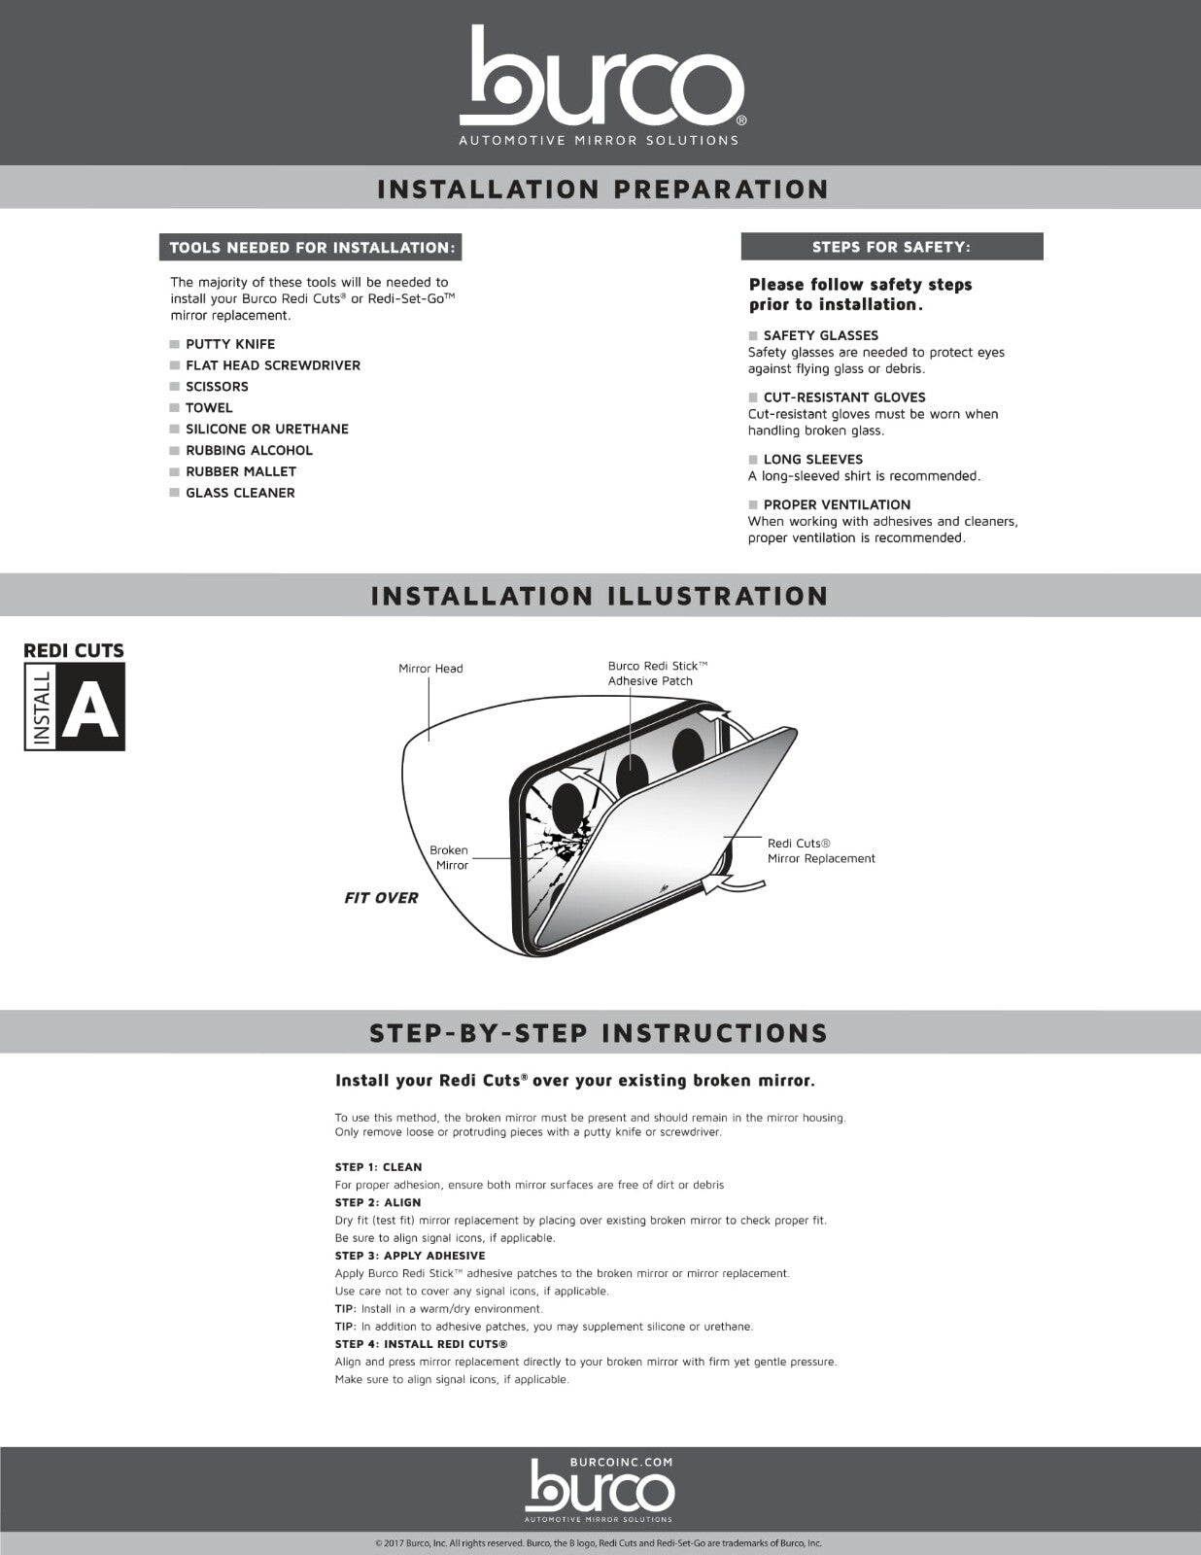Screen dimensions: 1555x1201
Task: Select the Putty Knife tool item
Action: point(230,344)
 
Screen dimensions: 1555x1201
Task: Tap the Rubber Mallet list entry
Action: point(241,471)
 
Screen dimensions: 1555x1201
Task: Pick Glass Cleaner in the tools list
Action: point(240,493)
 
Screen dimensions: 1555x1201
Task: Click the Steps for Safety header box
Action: point(891,247)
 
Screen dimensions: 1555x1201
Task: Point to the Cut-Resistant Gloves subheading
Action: point(843,397)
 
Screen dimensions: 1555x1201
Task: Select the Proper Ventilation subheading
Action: point(836,504)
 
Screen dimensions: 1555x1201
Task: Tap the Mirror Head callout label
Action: point(430,669)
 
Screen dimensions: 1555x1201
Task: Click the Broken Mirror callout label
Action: point(449,857)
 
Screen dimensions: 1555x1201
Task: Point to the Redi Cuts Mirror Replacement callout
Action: point(821,851)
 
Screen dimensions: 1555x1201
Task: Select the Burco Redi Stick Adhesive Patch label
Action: point(657,674)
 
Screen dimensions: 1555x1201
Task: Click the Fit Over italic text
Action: point(381,898)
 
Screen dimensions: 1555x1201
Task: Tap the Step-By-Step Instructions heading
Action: point(599,1033)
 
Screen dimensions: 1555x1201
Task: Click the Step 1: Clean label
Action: point(378,1167)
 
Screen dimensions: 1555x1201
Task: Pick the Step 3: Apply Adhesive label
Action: point(409,1256)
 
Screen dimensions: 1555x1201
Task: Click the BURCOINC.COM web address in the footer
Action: point(621,1462)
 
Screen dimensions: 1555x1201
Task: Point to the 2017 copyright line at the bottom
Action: point(599,1543)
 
